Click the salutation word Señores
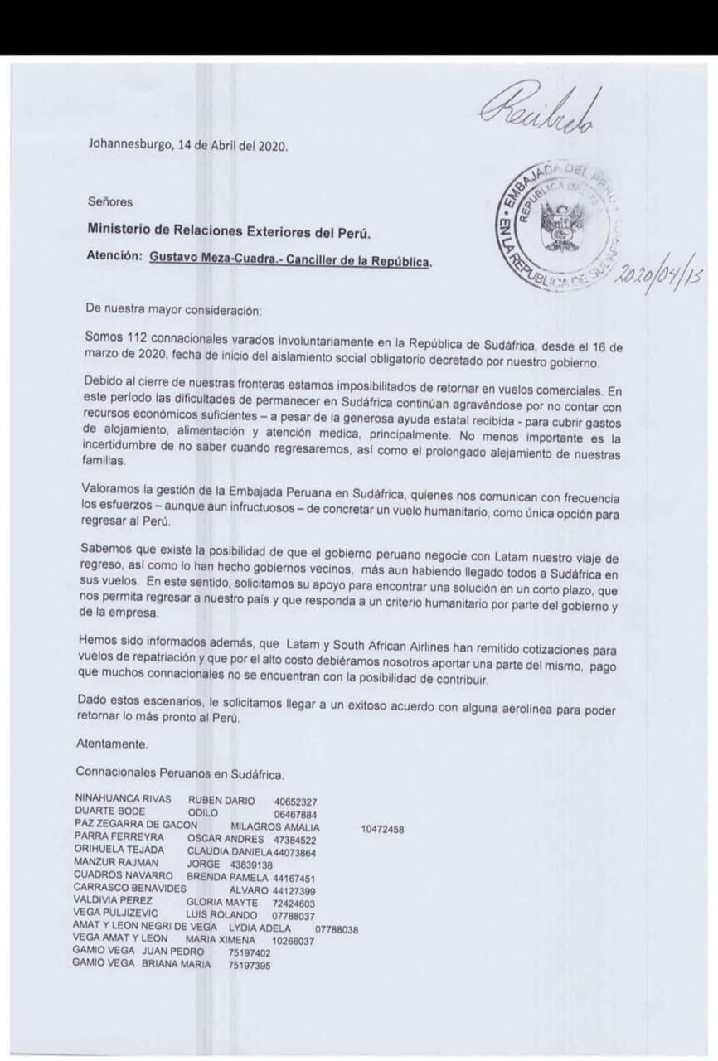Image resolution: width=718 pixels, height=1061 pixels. click(109, 201)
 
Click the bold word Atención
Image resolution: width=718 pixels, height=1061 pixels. click(114, 259)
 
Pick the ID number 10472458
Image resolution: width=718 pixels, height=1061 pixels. click(382, 827)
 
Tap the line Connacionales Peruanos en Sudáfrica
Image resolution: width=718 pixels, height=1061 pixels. click(179, 774)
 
